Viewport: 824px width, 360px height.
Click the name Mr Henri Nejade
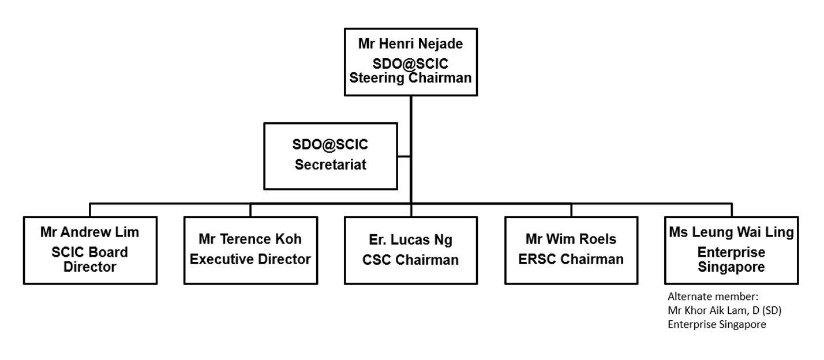coord(411,44)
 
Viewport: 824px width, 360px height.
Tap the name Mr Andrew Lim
coord(90,232)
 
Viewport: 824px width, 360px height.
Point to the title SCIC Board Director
coord(90,260)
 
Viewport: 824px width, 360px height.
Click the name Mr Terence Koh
coord(250,239)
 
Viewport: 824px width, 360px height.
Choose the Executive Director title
coord(250,260)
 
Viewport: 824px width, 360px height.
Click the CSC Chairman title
coord(411,260)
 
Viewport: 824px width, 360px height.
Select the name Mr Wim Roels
coord(571,239)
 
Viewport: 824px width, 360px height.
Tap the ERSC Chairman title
coord(571,259)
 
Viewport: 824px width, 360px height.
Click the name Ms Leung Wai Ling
coord(732,232)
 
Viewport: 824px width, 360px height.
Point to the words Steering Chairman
coord(411,77)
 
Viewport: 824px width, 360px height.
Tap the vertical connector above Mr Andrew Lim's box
coord(91,210)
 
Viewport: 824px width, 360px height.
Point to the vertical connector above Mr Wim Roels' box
coord(571,210)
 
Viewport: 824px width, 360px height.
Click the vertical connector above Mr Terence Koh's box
coord(250,210)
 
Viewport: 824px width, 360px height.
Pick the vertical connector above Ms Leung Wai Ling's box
coord(732,210)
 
